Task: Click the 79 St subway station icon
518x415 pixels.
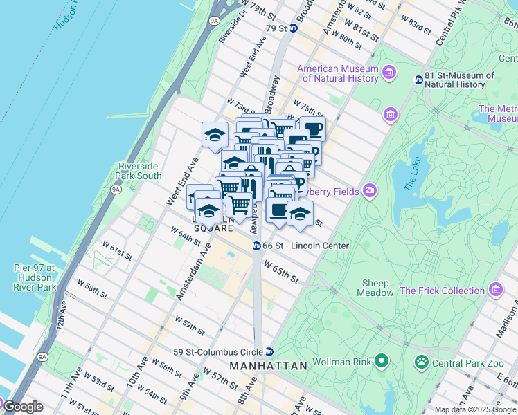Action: pos(293,28)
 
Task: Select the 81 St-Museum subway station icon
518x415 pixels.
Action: pos(418,80)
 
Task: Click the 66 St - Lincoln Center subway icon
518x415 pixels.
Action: pos(256,246)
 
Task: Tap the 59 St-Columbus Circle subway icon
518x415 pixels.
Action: pos(269,351)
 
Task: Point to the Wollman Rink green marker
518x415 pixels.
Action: pos(381,360)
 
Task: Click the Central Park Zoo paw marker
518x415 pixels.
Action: pos(420,361)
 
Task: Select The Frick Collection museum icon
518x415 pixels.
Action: pos(495,290)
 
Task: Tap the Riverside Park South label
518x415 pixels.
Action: pos(140,171)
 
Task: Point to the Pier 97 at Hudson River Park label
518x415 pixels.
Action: pos(34,277)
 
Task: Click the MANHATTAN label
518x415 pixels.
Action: pos(268,366)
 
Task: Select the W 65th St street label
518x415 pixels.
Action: pos(281,270)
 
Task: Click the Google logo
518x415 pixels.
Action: pos(23,407)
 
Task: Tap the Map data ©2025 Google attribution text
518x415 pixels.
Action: pos(475,409)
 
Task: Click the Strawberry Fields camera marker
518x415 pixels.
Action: pos(370,190)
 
